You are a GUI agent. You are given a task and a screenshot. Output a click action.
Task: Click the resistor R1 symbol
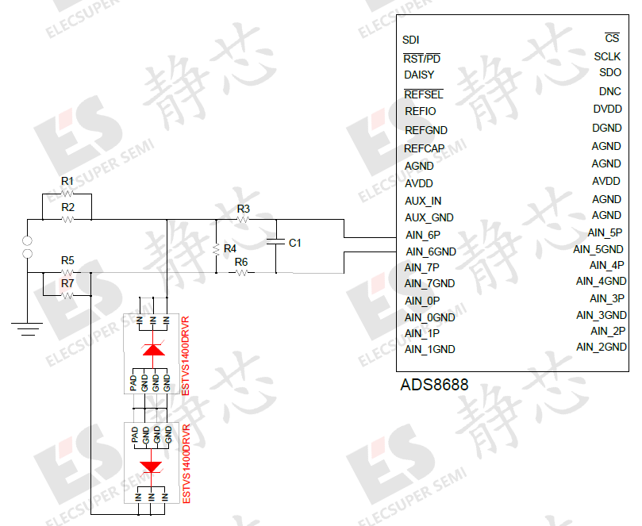tap(67, 193)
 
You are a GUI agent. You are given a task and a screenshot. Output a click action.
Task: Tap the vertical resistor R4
tap(216, 248)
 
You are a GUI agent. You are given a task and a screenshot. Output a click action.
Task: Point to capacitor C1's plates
tap(276, 242)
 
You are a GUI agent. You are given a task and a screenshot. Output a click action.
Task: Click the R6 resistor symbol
tap(241, 272)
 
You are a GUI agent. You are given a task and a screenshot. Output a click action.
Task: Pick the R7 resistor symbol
tap(67, 295)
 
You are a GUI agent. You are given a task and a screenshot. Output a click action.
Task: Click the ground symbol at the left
tap(27, 325)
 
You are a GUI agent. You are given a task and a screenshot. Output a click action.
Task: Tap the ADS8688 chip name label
tap(434, 386)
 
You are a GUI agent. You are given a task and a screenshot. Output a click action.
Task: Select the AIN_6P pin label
tap(422, 235)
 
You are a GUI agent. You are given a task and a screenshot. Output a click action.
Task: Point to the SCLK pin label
tap(607, 56)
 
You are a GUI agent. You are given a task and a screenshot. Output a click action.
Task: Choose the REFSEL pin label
tap(423, 94)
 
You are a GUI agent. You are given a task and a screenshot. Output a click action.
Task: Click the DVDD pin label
tap(607, 109)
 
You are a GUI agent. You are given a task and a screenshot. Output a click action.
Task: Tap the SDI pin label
tap(411, 40)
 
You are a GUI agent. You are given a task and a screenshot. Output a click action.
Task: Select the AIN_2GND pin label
tap(601, 347)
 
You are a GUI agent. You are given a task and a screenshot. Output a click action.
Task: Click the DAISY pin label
tap(419, 75)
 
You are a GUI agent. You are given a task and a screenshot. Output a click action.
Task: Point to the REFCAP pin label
tap(424, 148)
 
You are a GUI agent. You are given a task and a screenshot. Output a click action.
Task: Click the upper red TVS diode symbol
tap(152, 350)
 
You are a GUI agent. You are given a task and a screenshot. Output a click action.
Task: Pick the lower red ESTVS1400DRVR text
tap(187, 463)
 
